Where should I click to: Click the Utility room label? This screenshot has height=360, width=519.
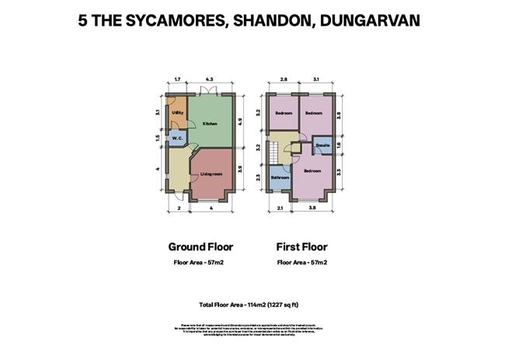tap(177, 114)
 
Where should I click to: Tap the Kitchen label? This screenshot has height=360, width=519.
tap(209, 124)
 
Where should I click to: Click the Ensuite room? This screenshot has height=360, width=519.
tap(322, 145)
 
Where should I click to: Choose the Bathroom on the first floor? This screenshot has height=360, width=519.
tap(280, 178)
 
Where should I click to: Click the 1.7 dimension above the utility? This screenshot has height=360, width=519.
tap(177, 80)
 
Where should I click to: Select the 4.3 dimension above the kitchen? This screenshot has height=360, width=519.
tap(209, 80)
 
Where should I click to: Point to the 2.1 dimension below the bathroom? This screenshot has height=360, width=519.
tap(280, 208)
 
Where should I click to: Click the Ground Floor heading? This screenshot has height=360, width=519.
tap(200, 247)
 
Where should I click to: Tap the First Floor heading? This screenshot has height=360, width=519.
tap(301, 247)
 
